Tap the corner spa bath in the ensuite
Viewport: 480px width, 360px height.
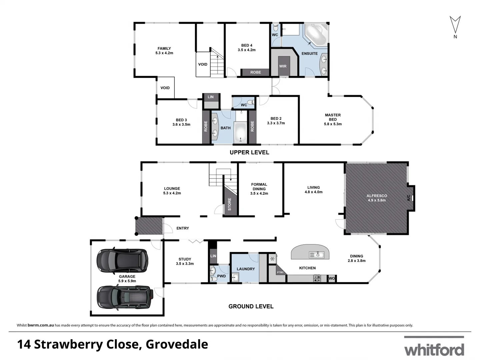(316, 35)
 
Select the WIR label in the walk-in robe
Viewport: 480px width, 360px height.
(283, 66)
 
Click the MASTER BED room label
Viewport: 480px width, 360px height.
(333, 119)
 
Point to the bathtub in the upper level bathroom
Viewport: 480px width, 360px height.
(240, 133)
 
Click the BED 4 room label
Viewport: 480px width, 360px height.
(247, 48)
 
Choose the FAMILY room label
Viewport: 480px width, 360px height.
(164, 51)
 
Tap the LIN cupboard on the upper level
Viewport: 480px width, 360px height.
(211, 97)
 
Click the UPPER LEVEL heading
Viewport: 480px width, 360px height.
(249, 152)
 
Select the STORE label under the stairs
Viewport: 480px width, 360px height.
(229, 204)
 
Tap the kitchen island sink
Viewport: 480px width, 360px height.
(317, 255)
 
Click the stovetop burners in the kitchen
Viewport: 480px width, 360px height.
(317, 278)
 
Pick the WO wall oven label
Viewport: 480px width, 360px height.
(332, 278)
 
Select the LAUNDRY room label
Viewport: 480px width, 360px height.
(246, 269)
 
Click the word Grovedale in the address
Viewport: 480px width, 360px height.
(177, 344)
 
